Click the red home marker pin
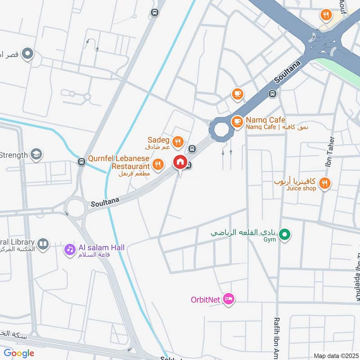(180, 162)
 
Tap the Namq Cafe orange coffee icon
(237, 121)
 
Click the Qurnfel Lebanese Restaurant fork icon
(157, 165)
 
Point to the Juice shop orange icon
(324, 183)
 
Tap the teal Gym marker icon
(284, 234)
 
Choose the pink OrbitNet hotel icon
(229, 299)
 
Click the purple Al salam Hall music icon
(69, 248)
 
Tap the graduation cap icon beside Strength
(36, 154)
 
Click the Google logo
(19, 353)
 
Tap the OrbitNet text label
(205, 299)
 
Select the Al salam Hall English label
(102, 247)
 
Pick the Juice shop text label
(301, 189)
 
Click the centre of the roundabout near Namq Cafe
(221, 130)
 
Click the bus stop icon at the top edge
(155, 13)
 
